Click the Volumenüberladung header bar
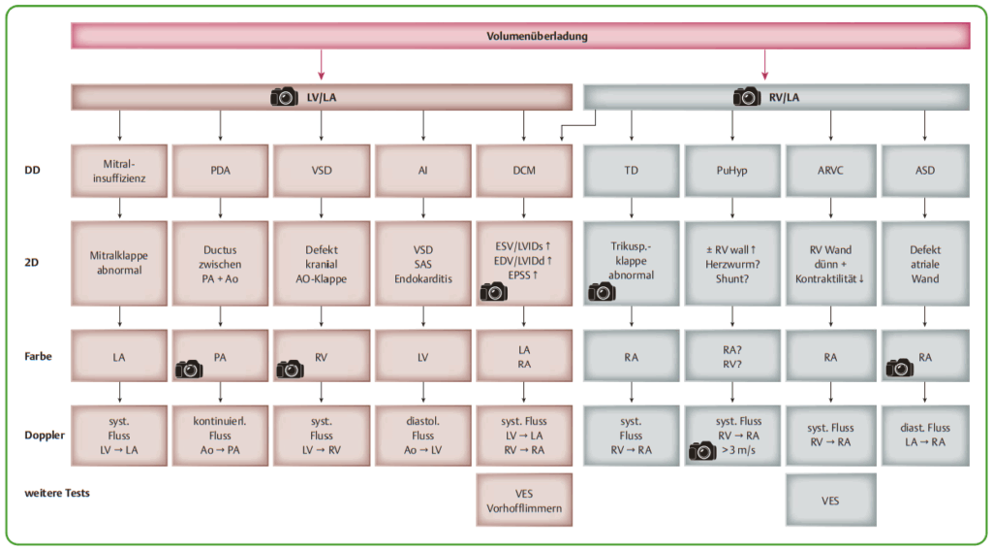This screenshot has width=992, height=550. (537, 36)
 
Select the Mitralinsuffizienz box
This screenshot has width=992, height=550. (119, 171)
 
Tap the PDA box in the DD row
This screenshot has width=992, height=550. (220, 171)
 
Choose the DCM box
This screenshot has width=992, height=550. (523, 171)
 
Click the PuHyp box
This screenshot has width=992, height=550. (731, 171)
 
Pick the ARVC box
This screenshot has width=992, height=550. (830, 171)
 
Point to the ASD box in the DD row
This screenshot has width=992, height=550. (924, 171)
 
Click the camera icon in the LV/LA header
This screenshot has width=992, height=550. (285, 96)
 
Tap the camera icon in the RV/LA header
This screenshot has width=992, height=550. (747, 96)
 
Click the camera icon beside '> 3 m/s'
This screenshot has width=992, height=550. (701, 449)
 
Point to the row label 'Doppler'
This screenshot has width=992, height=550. (45, 436)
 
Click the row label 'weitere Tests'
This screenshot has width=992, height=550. (57, 493)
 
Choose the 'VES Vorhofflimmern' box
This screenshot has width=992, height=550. (523, 500)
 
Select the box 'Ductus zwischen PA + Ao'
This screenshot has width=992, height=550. (220, 263)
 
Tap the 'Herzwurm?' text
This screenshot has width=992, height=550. (731, 263)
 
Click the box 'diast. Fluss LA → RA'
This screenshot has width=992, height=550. (924, 435)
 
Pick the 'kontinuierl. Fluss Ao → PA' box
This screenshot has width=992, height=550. (220, 435)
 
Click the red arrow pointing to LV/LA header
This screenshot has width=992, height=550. (321, 65)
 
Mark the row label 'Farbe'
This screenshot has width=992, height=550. (39, 356)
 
